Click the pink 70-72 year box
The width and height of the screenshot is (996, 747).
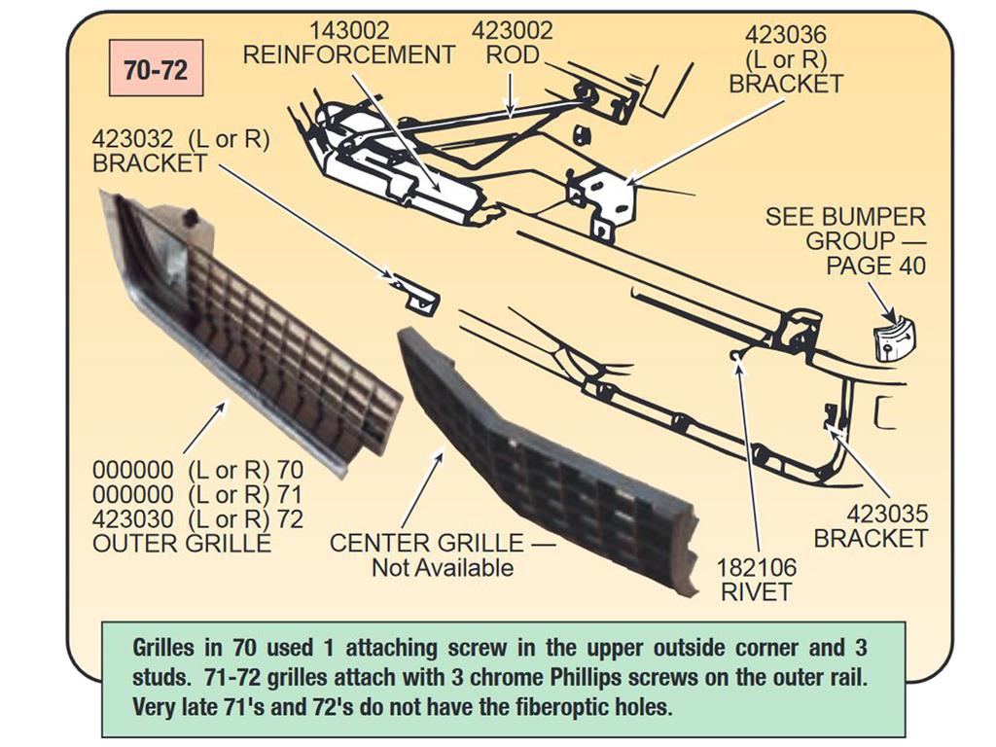coord(157,68)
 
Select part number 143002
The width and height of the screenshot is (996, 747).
coord(349,30)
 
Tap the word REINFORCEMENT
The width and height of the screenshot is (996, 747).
coord(349,55)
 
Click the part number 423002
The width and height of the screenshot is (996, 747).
coord(513,30)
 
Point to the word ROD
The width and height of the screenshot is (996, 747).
coord(513,55)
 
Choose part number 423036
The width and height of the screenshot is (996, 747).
coord(786,35)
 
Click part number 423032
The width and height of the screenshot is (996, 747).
coord(134,139)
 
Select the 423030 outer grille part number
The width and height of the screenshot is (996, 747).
coord(132,519)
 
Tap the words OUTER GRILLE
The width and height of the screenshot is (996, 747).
coord(182,545)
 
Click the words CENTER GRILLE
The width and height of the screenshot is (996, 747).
coord(427,544)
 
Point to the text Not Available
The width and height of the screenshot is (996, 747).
coord(443,568)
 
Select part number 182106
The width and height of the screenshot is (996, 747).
coord(756,567)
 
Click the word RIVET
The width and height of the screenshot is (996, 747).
coord(756,592)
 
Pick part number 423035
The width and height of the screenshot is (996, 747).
coord(887,514)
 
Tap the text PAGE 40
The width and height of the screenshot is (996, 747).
coord(876,266)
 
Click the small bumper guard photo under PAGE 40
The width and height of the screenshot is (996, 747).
coord(896,338)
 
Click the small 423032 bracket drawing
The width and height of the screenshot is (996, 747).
coord(416,294)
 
